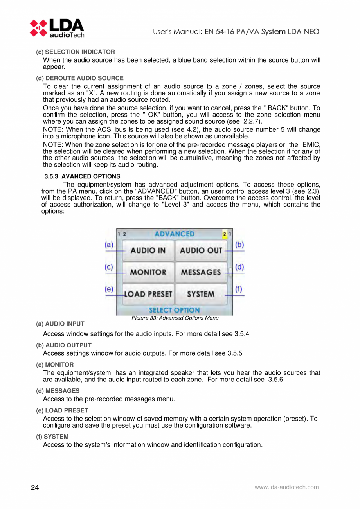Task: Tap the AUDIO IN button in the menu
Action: click(148, 250)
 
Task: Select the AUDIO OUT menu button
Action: click(201, 250)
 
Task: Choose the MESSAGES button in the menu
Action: click(201, 272)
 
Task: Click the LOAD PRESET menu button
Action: click(148, 294)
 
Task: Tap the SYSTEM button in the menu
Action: click(201, 294)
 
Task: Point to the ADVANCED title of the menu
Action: click(174, 234)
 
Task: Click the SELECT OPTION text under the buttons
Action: click(174, 310)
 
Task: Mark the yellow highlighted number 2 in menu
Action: click(225, 234)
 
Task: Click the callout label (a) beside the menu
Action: click(109, 245)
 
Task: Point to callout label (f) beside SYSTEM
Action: click(239, 289)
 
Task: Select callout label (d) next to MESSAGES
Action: click(239, 267)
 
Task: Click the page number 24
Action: click(35, 487)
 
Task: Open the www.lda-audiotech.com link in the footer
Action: click(286, 487)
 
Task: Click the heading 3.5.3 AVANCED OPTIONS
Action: click(83, 176)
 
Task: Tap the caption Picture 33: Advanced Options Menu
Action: click(175, 318)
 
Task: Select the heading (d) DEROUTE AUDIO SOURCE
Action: click(80, 78)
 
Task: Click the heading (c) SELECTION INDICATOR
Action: click(76, 52)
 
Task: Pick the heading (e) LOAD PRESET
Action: click(62, 410)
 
